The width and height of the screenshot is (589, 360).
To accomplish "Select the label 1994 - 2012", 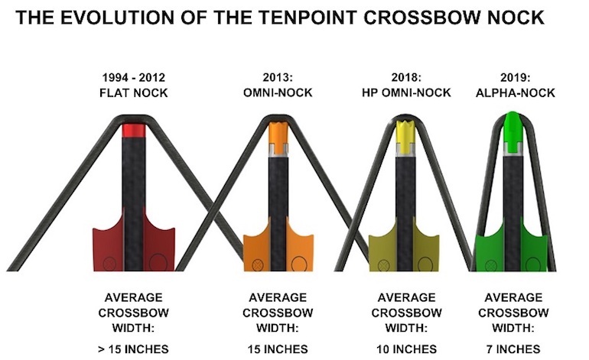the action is click(133, 78).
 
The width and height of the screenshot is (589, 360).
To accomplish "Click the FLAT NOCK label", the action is click(133, 92).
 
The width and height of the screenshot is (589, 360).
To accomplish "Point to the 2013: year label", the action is click(278, 78).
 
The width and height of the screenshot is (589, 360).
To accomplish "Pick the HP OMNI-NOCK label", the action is click(406, 92).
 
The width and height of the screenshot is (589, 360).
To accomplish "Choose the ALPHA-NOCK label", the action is click(515, 92).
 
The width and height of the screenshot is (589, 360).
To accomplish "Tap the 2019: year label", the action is click(515, 78).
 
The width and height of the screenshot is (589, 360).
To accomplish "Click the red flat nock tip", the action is click(134, 131).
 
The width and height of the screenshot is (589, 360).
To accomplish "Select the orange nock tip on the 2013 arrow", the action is click(278, 138).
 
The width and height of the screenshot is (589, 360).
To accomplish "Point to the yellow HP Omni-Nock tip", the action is click(405, 137).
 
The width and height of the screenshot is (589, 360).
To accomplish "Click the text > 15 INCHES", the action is click(133, 349).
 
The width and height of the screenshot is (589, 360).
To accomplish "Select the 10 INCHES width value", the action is click(406, 349).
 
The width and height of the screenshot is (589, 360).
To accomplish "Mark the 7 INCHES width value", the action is click(513, 349).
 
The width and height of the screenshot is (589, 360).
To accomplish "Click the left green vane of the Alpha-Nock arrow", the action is click(489, 248).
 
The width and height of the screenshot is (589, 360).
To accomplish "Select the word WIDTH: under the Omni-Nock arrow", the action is click(278, 328).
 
